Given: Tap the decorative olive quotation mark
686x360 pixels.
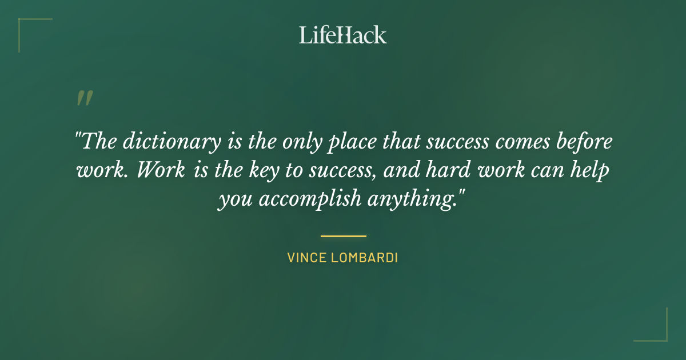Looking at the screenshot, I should pos(84,98).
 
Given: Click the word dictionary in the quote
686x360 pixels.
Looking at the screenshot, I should pos(170,142).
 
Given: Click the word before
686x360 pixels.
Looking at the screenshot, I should pos(584,142).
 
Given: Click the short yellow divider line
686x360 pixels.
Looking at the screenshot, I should pos(343,235).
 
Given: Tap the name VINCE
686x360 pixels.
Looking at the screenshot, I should pos(307,258).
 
